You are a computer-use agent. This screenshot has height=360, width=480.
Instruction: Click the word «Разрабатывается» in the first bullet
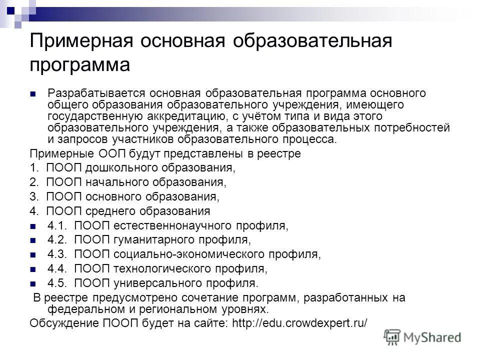click(x=94, y=93)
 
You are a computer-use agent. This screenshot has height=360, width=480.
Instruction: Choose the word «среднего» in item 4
click(x=103, y=210)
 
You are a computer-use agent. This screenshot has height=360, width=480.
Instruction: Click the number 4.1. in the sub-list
click(x=58, y=225)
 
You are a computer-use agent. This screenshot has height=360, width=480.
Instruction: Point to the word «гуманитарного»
click(x=152, y=240)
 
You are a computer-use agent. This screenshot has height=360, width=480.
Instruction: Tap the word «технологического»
click(x=162, y=269)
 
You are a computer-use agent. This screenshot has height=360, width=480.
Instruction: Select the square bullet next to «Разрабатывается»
click(x=33, y=93)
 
